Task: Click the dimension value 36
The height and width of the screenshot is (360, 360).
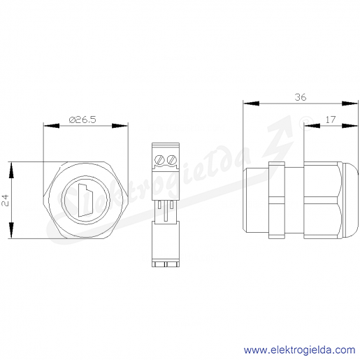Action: point(301,97)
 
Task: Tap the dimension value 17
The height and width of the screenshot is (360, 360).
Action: point(331,120)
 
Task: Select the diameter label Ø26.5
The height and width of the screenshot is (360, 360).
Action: point(82,120)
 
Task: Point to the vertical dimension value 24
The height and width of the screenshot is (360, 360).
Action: point(5,201)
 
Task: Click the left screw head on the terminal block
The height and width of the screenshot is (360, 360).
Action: point(160,160)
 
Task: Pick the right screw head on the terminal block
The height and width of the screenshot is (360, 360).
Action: point(172,160)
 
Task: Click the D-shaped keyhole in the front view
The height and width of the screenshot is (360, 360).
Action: point(85,201)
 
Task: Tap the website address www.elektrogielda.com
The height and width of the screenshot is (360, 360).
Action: point(300,350)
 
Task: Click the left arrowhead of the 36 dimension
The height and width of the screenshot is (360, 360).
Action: point(251,103)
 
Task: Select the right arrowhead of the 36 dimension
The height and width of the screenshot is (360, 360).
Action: point(350,103)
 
